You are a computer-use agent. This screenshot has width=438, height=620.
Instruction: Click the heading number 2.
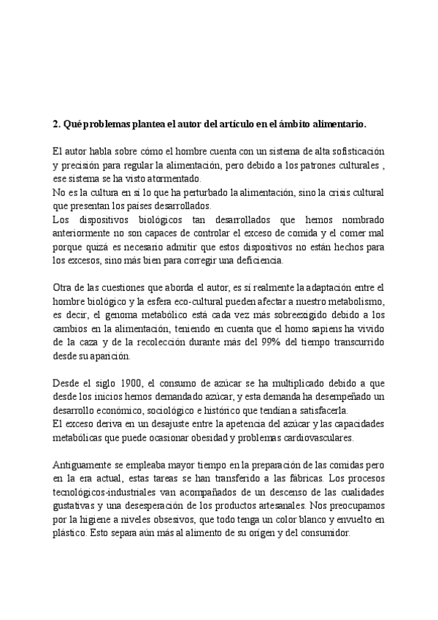56,125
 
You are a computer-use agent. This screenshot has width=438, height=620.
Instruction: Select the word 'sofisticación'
356,153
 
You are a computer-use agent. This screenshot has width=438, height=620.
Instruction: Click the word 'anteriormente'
82,233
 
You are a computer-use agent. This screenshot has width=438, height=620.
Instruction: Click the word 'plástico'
70,534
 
